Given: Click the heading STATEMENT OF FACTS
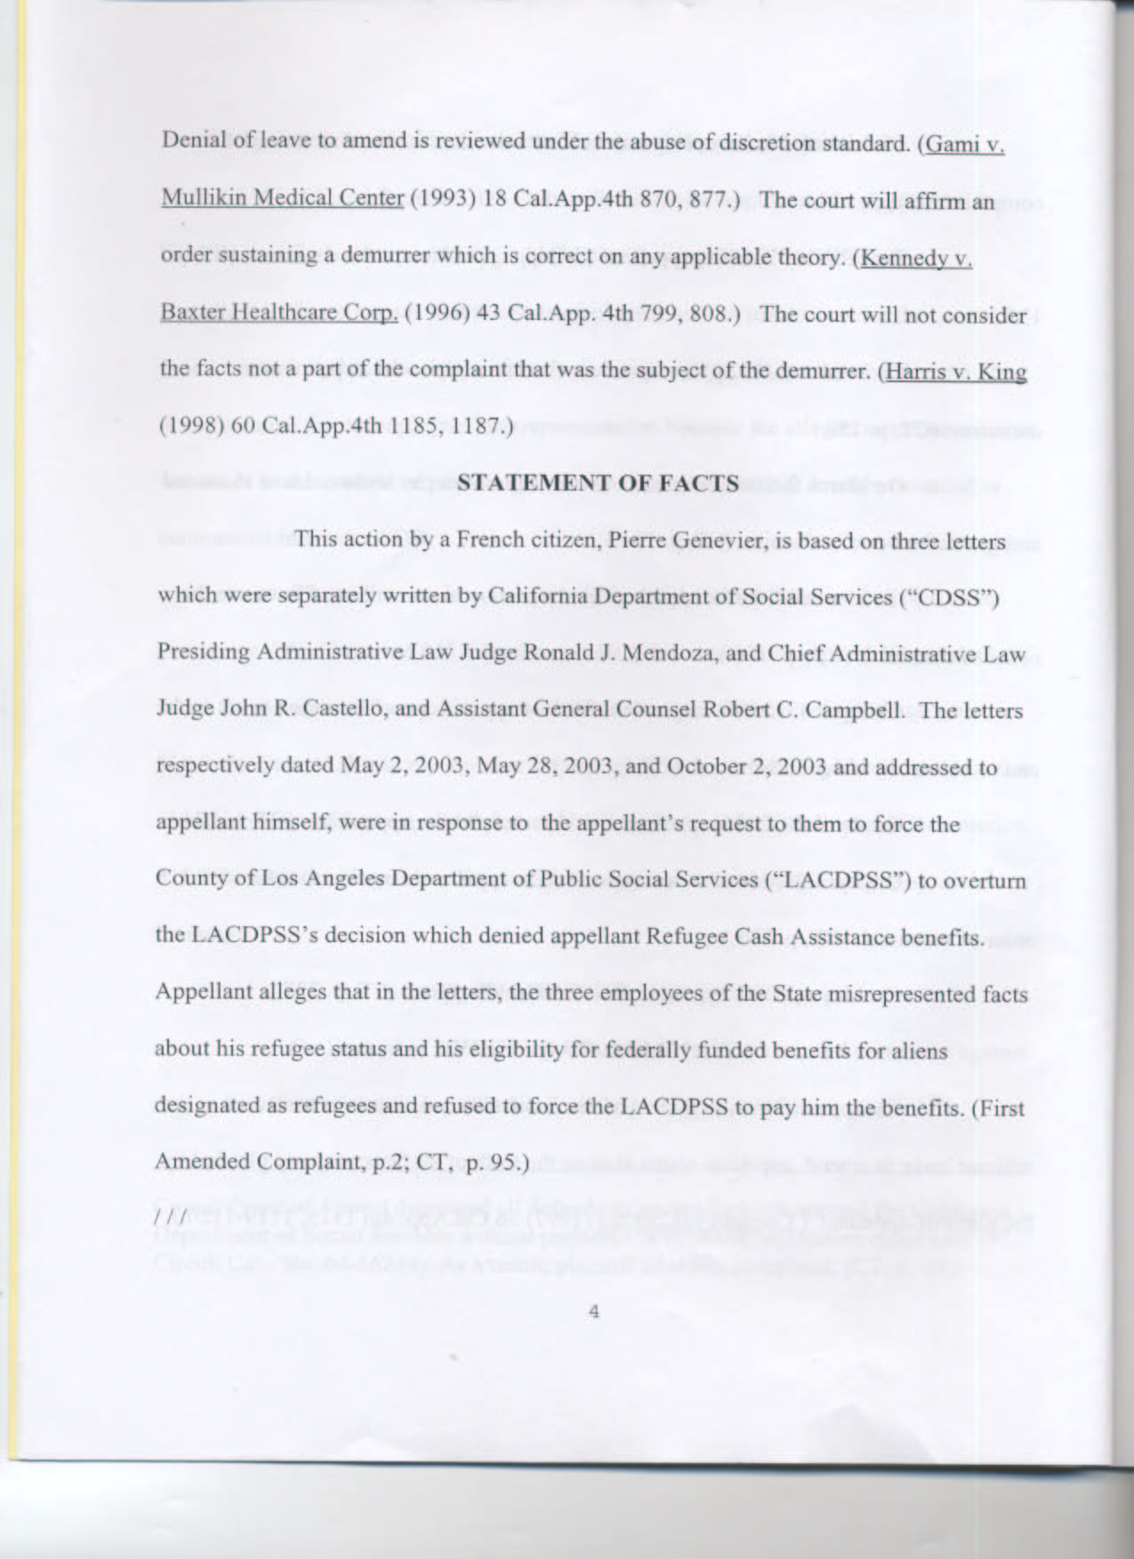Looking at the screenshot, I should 598,483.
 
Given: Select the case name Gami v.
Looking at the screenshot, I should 966,145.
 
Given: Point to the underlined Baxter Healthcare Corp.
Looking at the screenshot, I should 278,314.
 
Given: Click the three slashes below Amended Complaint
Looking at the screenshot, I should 169,1214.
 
